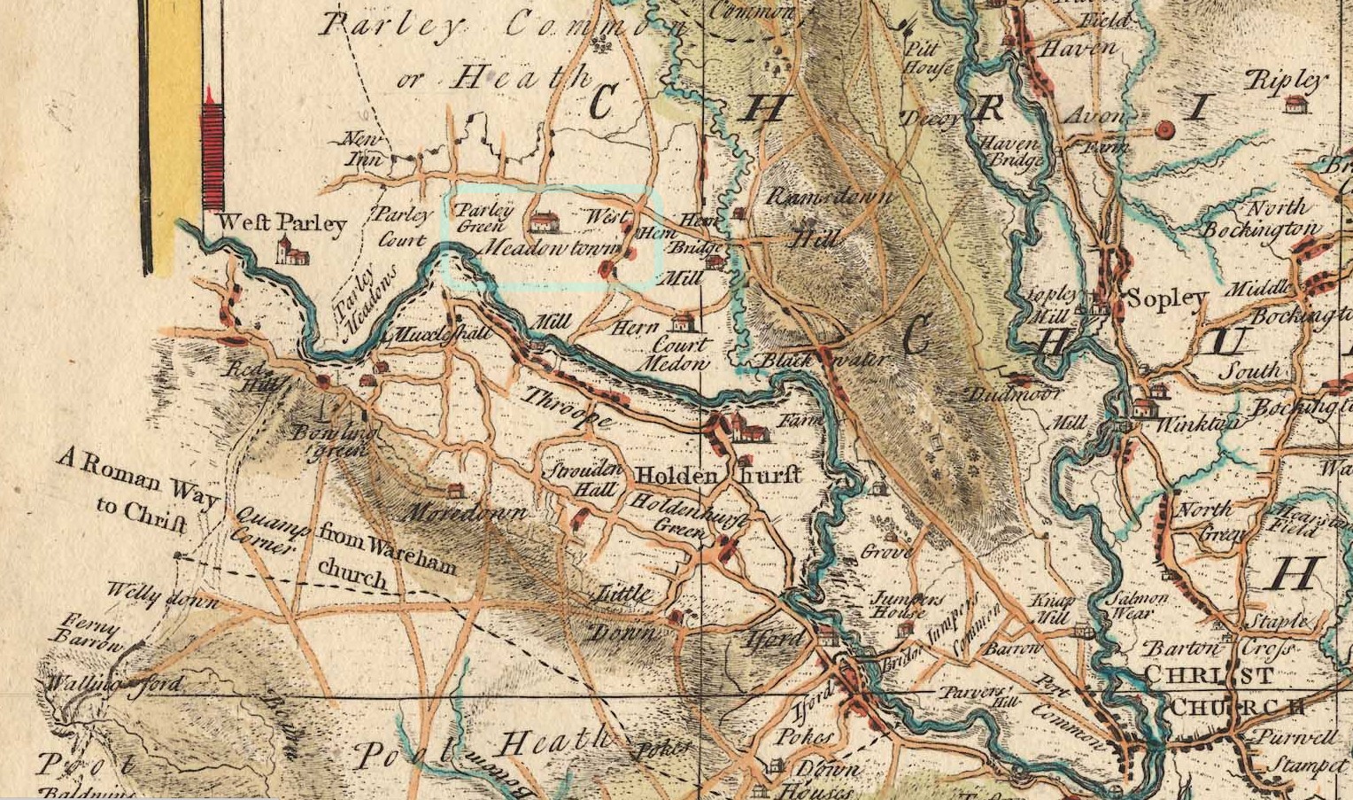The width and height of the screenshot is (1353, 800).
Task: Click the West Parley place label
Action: point(282,222)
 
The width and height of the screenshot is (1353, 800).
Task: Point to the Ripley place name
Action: point(1287,81)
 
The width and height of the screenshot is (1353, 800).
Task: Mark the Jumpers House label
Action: point(901,604)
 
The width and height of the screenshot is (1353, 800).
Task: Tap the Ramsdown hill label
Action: point(829,197)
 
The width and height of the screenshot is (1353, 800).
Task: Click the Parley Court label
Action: point(403,226)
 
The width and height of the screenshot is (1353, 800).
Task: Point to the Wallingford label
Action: point(115,683)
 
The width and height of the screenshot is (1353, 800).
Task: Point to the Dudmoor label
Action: point(1007,393)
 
